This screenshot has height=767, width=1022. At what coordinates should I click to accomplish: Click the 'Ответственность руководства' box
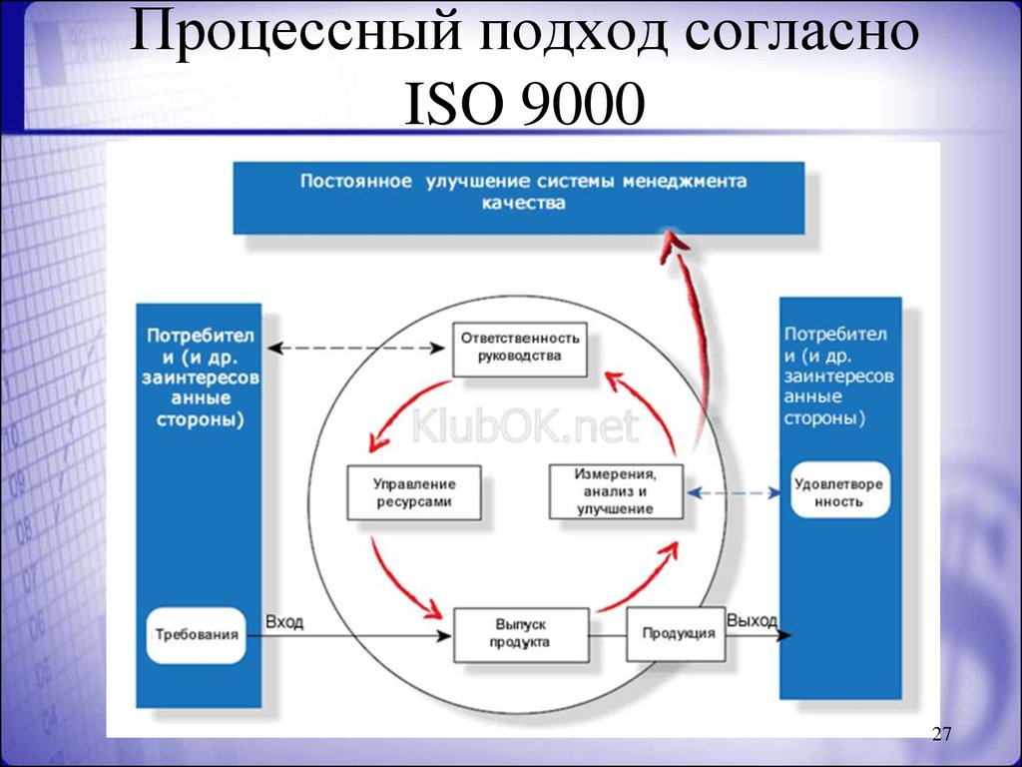[x=519, y=349]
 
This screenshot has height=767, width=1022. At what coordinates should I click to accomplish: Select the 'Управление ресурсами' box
[x=414, y=492]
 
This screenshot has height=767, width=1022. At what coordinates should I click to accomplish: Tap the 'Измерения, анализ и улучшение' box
[x=616, y=491]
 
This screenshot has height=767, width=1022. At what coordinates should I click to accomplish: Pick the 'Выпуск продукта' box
[x=521, y=634]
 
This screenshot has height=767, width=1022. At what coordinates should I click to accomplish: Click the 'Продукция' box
[x=676, y=633]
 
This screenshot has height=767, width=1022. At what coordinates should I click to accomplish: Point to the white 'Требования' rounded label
[x=197, y=634]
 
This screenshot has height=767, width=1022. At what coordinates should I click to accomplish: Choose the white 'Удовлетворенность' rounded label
[x=838, y=492]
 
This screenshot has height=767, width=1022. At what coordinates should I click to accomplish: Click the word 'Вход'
[x=284, y=621]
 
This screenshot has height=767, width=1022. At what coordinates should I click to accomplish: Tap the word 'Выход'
[x=752, y=620]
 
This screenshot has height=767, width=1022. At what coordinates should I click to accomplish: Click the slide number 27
[x=941, y=734]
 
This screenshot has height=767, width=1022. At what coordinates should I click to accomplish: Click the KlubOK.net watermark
[x=525, y=427]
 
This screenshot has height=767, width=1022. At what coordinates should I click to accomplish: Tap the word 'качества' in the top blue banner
[x=523, y=203]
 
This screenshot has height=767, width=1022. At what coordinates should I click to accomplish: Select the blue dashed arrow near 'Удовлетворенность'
[x=734, y=493]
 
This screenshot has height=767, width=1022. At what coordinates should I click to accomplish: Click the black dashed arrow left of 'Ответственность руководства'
[x=356, y=348]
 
